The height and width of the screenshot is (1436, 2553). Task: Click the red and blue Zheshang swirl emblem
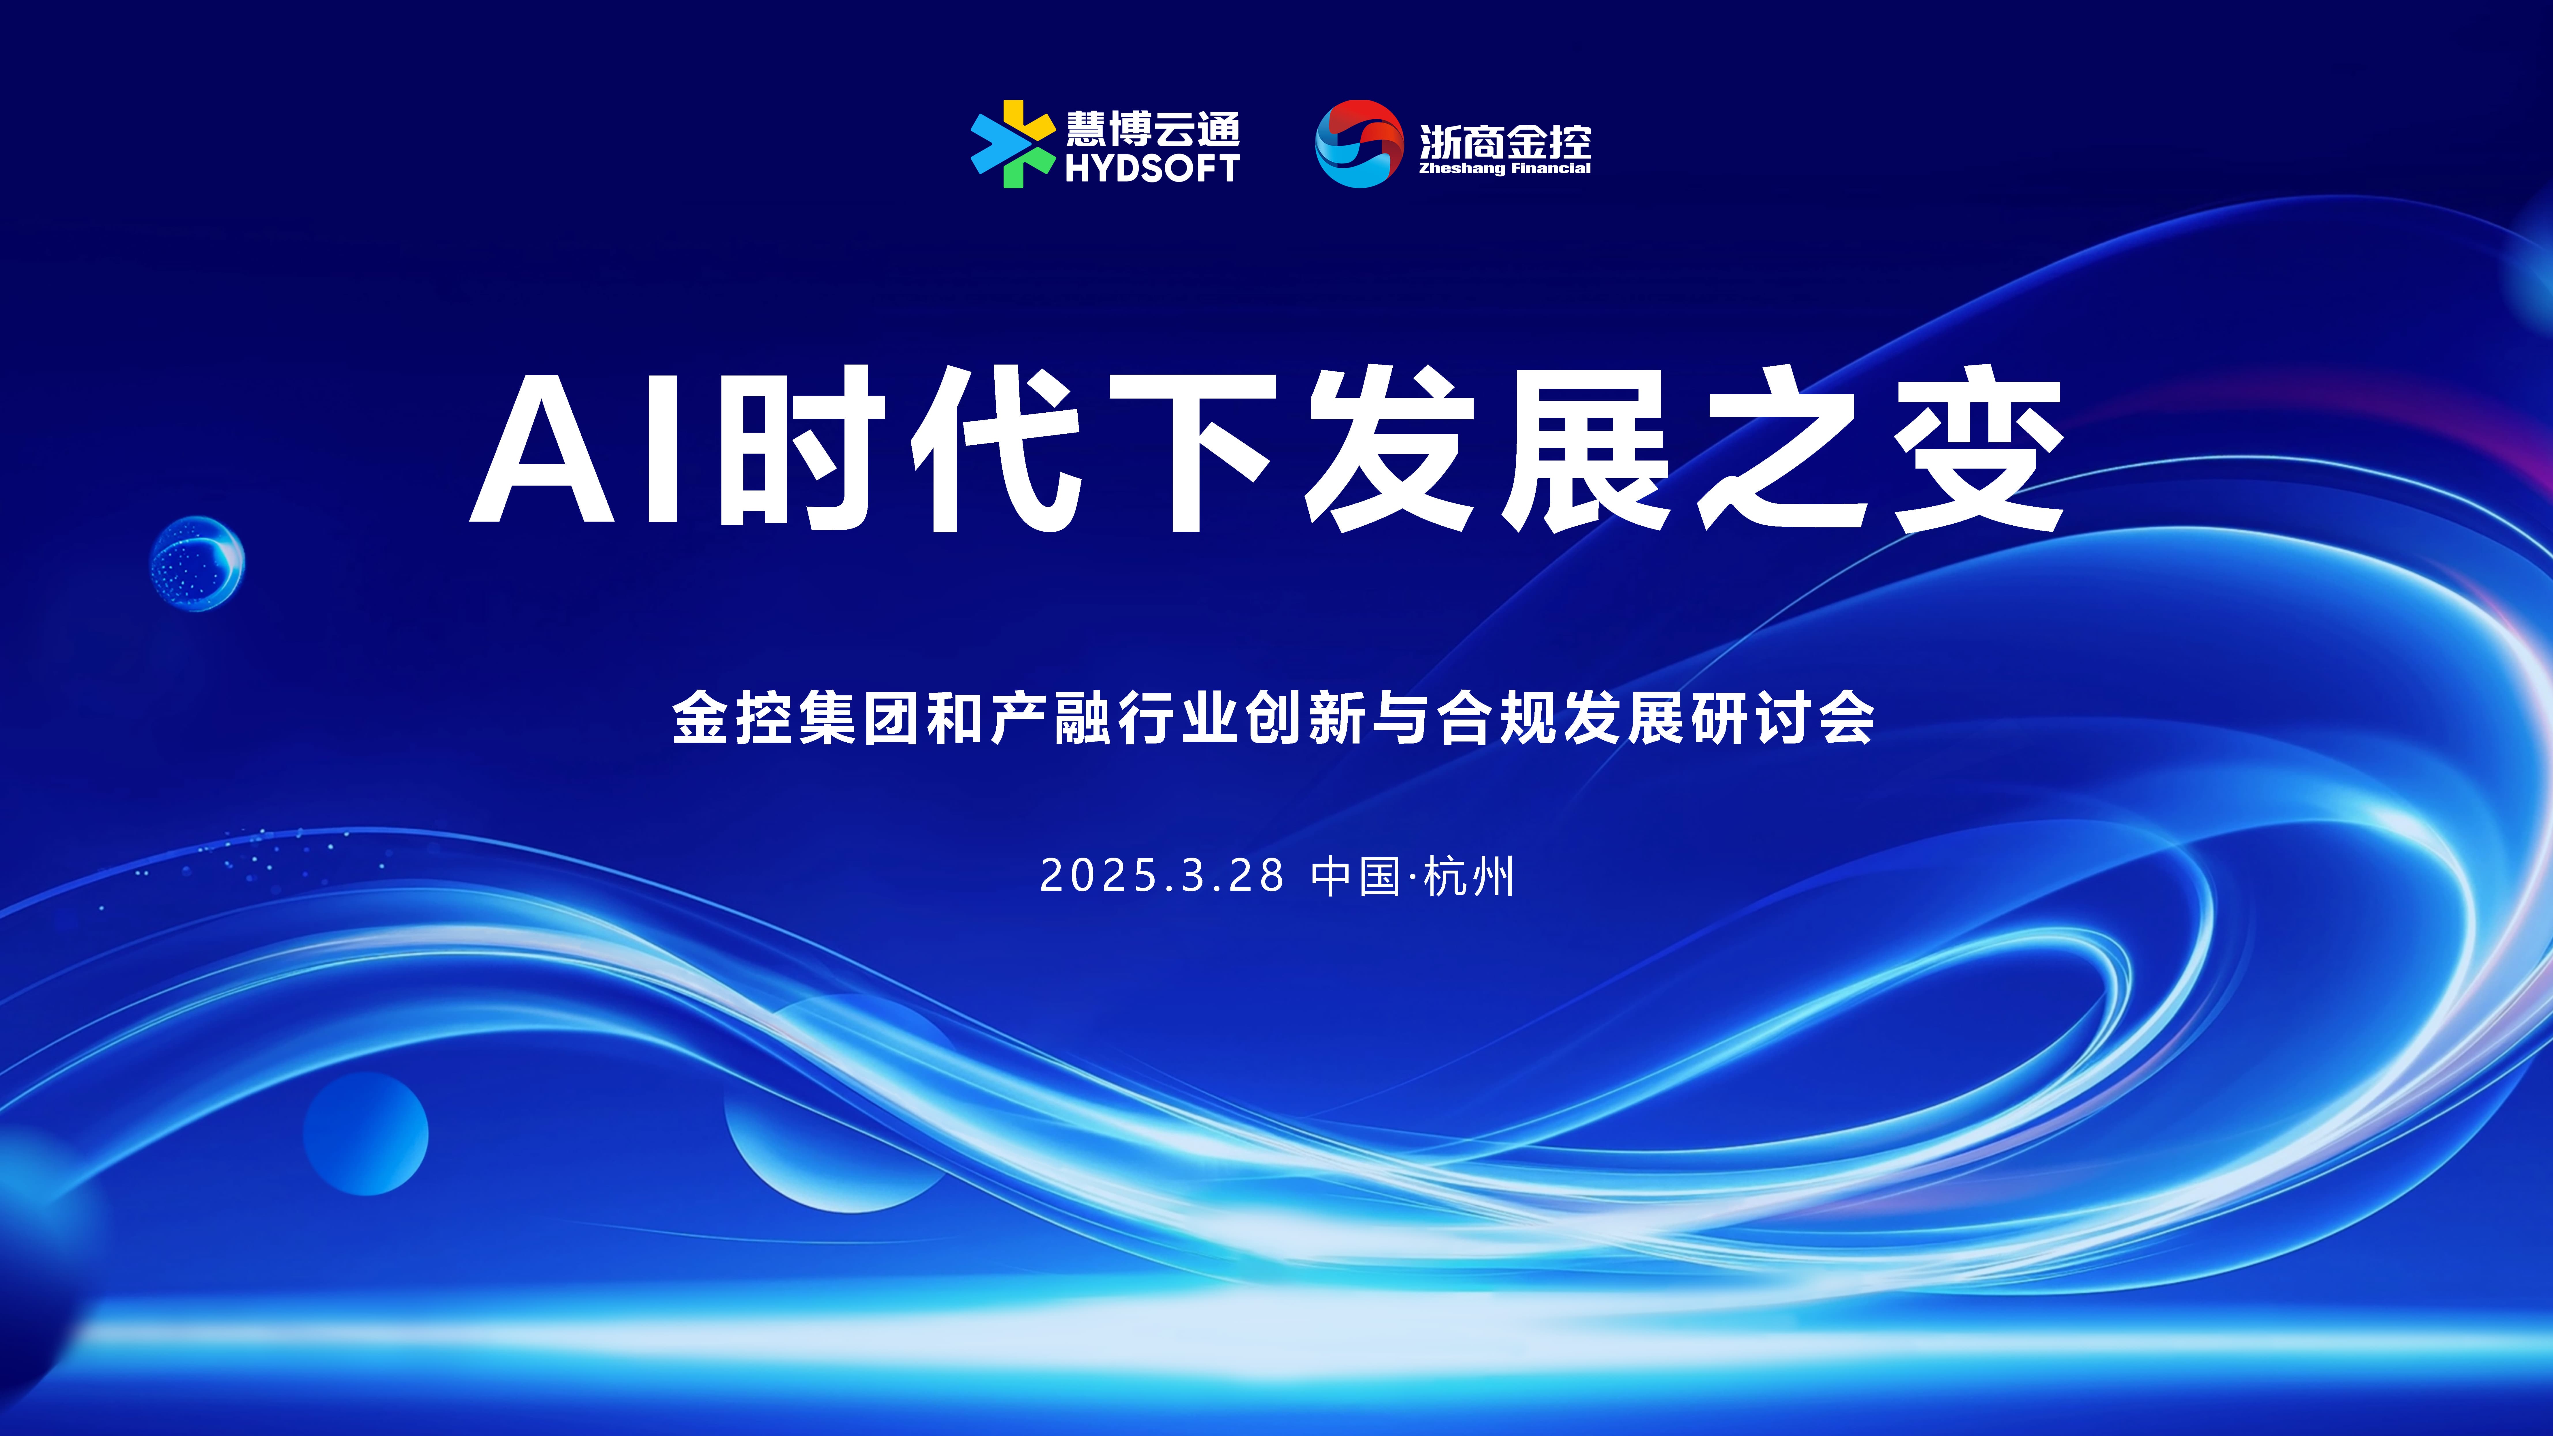point(1359,144)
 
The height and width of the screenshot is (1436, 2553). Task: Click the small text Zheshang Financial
point(1504,169)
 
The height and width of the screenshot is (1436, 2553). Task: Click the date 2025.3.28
point(1162,876)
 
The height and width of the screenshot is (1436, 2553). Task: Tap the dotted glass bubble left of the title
point(197,563)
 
